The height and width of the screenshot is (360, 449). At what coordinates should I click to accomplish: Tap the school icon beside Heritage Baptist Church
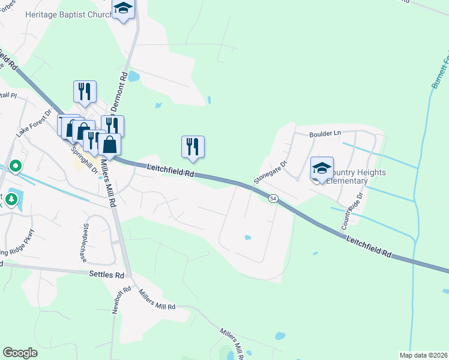[124, 8]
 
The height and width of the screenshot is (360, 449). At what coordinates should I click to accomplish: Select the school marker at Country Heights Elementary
[322, 169]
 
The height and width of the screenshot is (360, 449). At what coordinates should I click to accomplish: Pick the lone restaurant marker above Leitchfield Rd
[193, 147]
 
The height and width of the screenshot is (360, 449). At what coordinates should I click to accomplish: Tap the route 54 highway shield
[273, 198]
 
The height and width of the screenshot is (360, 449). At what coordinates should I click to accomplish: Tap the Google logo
[20, 353]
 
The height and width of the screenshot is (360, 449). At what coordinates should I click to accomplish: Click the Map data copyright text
[423, 356]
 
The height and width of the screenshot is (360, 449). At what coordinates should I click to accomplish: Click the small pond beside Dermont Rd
[133, 77]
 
